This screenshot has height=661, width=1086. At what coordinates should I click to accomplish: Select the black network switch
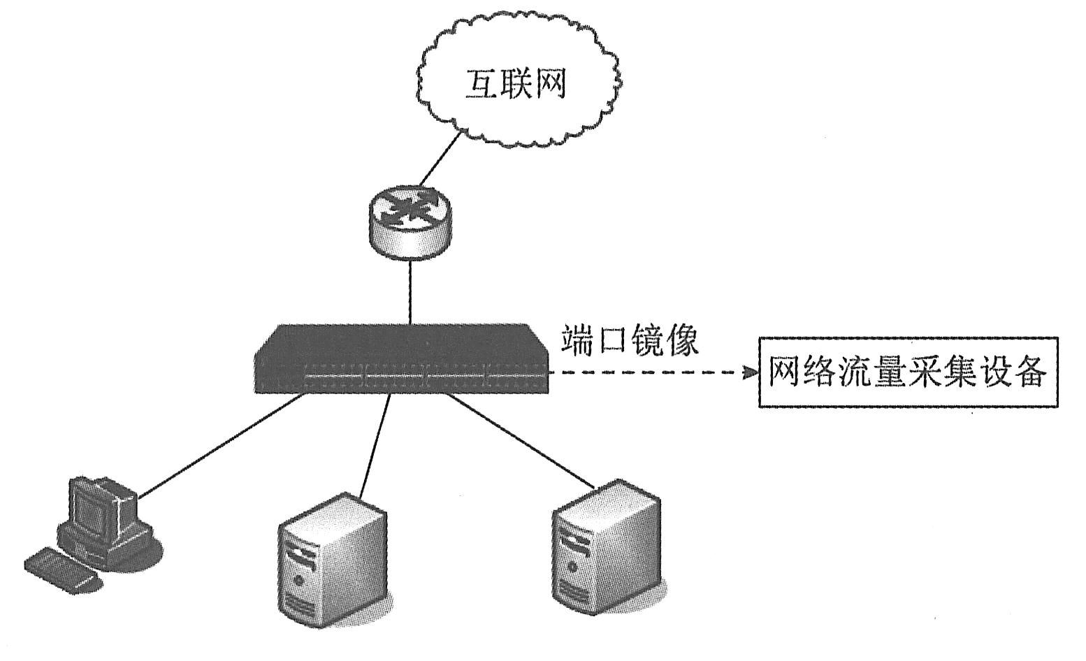coord(401,358)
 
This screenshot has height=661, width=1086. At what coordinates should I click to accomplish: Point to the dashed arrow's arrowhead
coord(750,372)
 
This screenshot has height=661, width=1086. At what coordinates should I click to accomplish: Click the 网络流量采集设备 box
coord(908,372)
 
